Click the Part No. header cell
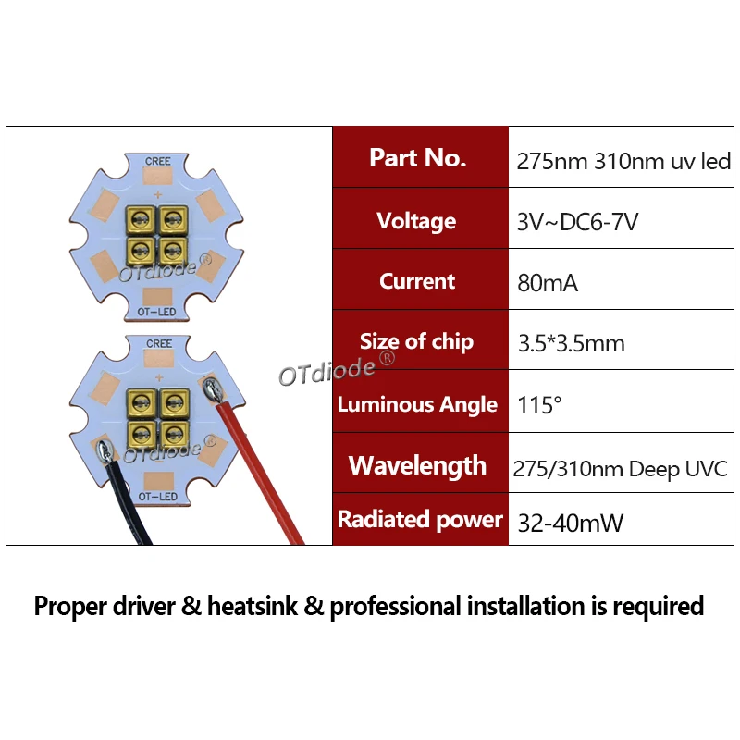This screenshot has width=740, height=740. [418, 158]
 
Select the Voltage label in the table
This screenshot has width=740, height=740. [416, 221]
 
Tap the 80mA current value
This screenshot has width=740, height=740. [548, 283]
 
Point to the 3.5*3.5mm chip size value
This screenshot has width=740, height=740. [571, 344]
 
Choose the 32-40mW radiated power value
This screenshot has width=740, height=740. [570, 523]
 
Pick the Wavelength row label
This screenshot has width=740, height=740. [417, 465]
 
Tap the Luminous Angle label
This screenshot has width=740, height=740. [417, 404]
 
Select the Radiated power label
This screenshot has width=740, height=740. [419, 519]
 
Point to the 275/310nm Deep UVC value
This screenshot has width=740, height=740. [621, 468]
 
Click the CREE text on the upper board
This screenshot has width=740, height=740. [159, 162]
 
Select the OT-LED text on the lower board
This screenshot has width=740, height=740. [158, 497]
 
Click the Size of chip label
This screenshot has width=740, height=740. [416, 341]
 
